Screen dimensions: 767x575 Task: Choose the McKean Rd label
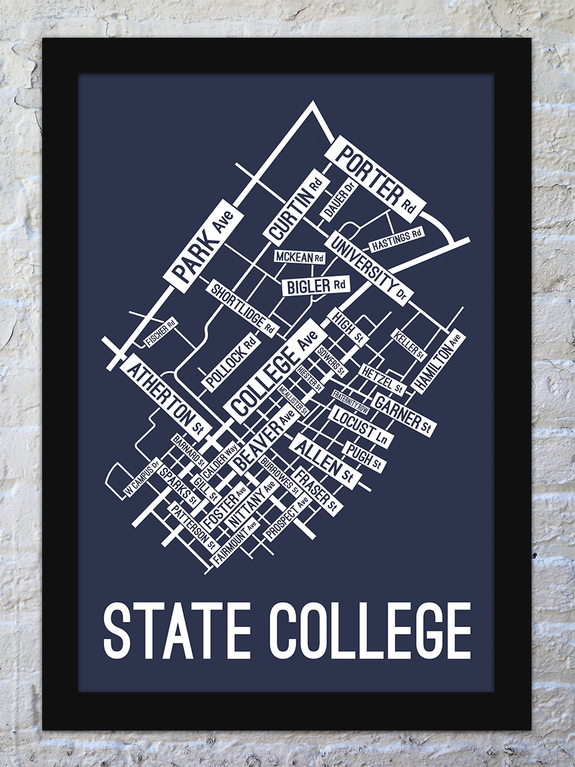(299, 257)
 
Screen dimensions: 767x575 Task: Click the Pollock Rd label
(231, 360)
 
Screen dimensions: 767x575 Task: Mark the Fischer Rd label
(160, 332)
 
